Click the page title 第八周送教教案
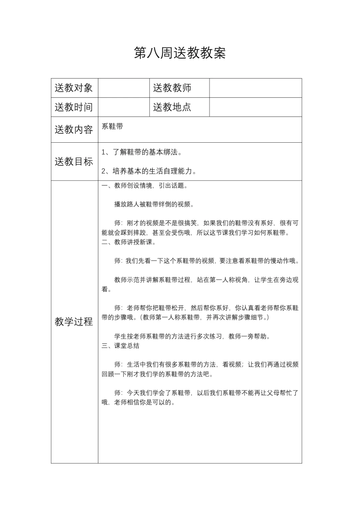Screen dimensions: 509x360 [180, 53]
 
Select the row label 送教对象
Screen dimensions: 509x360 [74, 88]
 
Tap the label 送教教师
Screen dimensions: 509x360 [172, 88]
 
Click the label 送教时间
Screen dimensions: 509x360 [74, 107]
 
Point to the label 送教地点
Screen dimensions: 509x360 [172, 107]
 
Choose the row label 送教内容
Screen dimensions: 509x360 [74, 130]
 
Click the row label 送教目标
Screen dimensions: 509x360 [74, 162]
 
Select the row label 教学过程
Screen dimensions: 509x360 [74, 322]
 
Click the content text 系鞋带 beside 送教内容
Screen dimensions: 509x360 [112, 126]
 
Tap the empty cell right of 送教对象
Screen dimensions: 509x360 [124, 88]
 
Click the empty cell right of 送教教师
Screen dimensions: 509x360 [255, 88]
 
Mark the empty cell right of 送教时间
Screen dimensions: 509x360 [124, 107]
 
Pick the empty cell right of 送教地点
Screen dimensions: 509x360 [255, 107]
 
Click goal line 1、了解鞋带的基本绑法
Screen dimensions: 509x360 [142, 152]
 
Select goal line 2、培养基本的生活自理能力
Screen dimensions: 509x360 [149, 171]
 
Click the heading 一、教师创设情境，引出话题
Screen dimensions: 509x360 [145, 186]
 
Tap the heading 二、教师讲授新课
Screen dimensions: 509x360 [129, 242]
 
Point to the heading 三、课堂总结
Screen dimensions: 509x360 [120, 346]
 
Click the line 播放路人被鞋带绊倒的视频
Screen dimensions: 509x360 [154, 204]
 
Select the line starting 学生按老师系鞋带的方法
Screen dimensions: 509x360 [192, 336]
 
